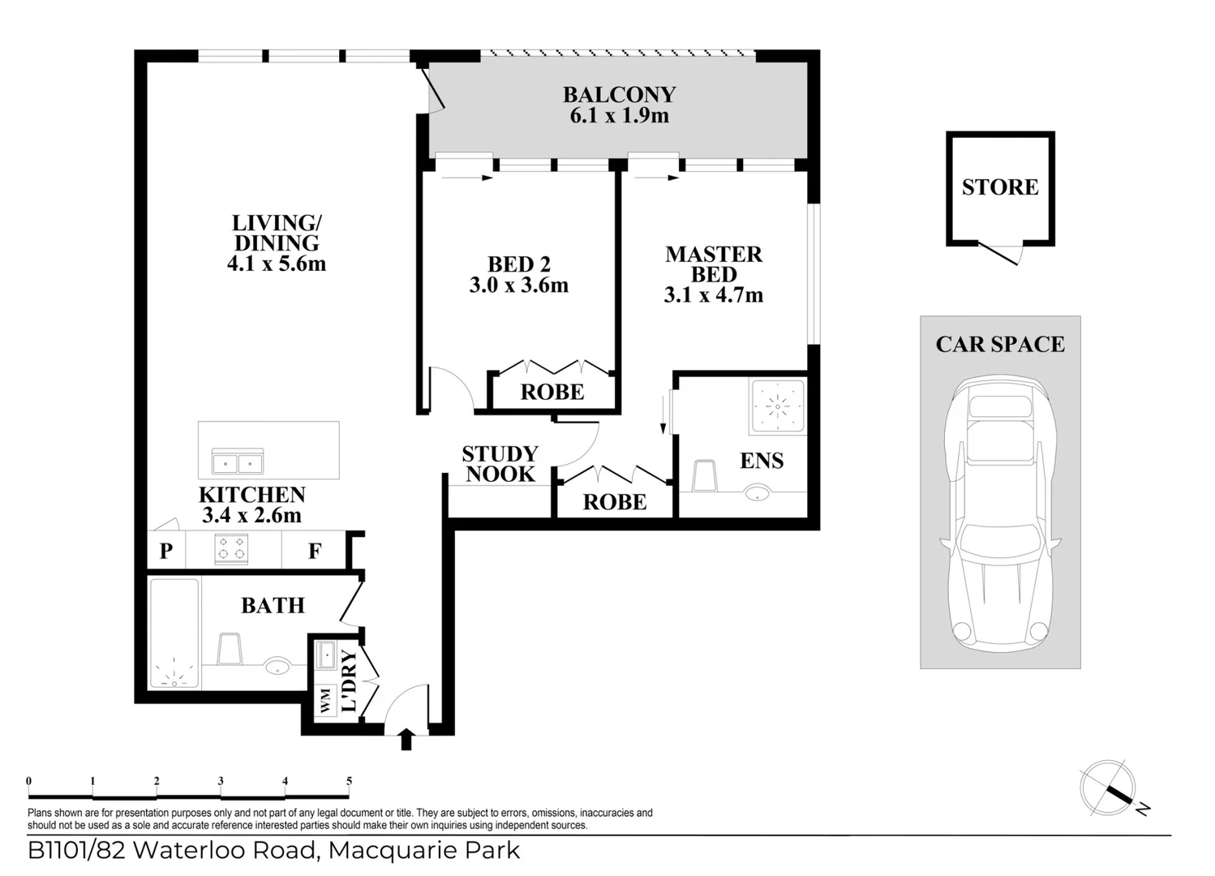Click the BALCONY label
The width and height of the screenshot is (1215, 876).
[619, 94]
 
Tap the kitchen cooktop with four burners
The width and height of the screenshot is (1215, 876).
[231, 549]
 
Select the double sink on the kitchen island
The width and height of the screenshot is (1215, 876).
[237, 462]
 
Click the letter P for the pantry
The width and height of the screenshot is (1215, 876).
[166, 551]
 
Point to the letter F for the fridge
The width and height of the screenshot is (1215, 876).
[315, 551]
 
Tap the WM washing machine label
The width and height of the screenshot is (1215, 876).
[326, 700]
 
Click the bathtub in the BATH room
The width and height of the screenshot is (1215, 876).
[174, 633]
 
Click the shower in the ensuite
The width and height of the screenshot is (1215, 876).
[777, 406]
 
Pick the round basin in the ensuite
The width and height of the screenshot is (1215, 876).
[758, 492]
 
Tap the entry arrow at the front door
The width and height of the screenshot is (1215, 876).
[406, 740]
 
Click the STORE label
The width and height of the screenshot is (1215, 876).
[1000, 187]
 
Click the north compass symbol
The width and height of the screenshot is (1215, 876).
[1108, 788]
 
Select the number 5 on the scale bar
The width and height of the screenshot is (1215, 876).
[350, 781]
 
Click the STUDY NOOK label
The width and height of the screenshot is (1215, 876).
[500, 464]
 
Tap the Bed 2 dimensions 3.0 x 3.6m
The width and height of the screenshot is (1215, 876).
[518, 286]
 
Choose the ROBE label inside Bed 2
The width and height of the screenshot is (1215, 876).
[552, 393]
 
